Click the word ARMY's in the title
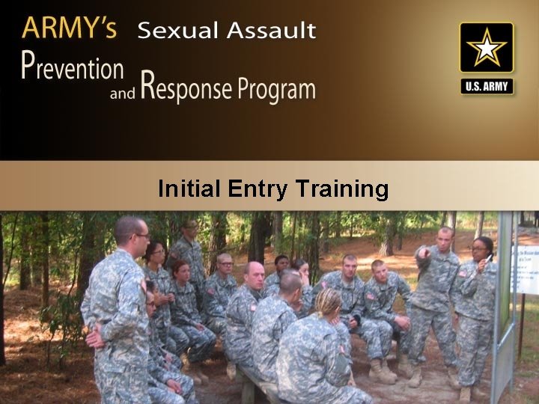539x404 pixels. [70, 28]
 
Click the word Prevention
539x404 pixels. [72, 67]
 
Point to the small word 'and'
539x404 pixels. [122, 94]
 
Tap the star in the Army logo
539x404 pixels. [487, 49]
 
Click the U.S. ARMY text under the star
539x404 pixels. [487, 86]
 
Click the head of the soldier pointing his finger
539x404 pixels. [445, 239]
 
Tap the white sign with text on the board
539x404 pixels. [526, 269]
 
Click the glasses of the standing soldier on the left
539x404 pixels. [141, 236]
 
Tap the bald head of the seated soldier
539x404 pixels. [255, 271]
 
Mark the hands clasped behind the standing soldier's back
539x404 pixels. [95, 337]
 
